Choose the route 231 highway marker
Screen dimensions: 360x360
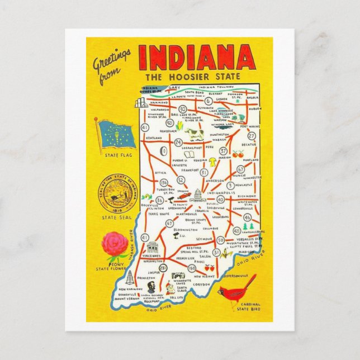(163, 268)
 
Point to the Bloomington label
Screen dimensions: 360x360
(185, 229)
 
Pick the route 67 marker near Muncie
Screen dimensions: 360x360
(241, 169)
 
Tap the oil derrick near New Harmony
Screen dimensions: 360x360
(130, 277)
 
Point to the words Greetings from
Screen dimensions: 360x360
(113, 63)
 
